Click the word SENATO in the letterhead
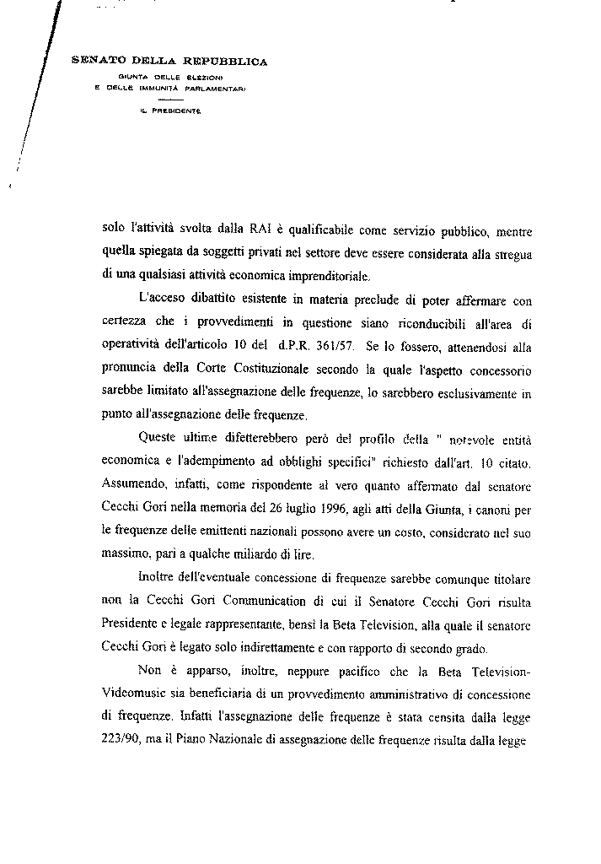[x=94, y=61]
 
